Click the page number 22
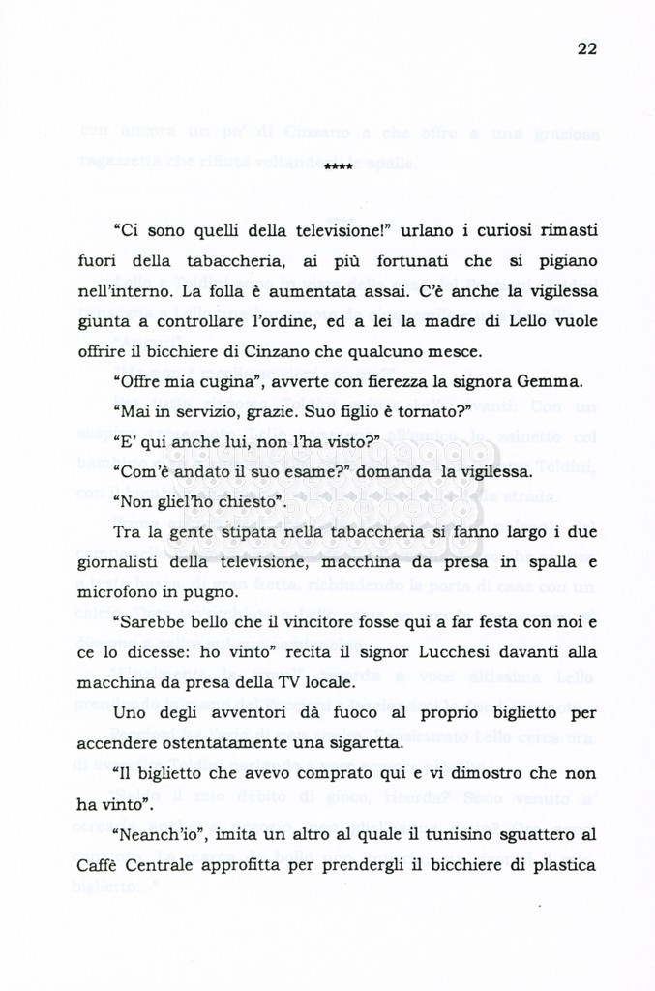click(586, 50)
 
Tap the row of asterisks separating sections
click(338, 169)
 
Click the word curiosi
click(489, 232)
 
